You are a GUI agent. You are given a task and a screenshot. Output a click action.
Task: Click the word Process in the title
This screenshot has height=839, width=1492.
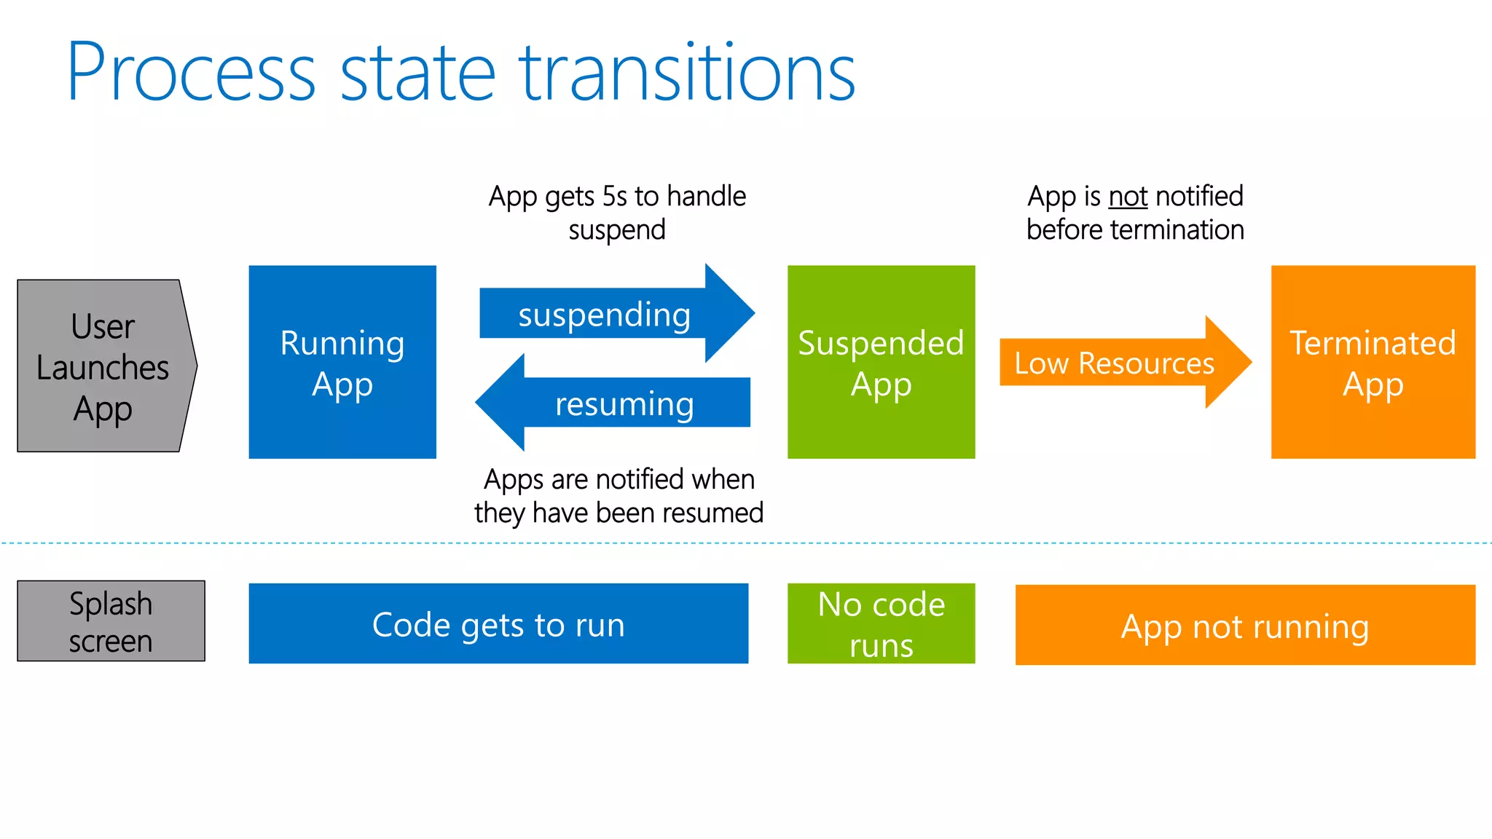pos(191,73)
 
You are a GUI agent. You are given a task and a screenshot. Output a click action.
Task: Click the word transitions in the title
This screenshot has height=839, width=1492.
pos(687,73)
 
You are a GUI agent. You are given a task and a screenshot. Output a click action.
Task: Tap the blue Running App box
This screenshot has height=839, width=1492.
pos(342,362)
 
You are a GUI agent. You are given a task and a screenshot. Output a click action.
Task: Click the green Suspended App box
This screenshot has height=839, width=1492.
pos(881,362)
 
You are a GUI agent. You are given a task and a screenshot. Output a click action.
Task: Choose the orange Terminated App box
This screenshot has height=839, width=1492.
pos(1373,362)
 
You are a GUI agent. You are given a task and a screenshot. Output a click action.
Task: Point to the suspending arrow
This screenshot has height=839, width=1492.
pos(605,315)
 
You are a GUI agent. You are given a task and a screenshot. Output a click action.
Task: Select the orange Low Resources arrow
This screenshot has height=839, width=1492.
pos(1115,363)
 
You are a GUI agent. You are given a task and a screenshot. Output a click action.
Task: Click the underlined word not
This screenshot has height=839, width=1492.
pos(1128,196)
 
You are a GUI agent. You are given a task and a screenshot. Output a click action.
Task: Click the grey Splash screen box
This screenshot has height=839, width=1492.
pos(111,621)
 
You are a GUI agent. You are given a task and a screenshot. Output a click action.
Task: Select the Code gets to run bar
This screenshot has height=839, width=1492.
pos(498,624)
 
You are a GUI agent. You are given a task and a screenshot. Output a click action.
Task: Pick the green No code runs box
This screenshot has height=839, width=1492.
pos(881,624)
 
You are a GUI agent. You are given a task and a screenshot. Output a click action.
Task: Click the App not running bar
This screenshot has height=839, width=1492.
pos(1244,626)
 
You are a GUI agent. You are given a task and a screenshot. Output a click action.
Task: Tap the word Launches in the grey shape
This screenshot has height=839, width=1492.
pos(103,368)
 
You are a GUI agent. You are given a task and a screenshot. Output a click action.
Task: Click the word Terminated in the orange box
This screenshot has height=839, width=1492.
pos(1373,342)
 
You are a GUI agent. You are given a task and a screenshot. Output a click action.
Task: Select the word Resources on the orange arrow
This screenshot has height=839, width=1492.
pos(1146,363)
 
